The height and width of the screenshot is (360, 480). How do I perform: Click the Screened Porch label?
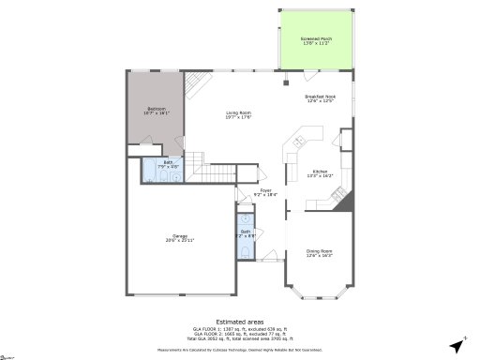tap(315, 41)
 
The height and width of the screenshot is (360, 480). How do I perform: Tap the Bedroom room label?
tap(157, 111)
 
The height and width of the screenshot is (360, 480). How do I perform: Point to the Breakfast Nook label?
tap(321, 99)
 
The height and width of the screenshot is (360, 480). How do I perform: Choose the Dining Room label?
tap(321, 252)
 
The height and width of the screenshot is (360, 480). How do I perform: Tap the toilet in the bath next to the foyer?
tap(243, 245)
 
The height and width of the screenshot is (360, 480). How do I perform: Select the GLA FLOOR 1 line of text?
tap(240, 328)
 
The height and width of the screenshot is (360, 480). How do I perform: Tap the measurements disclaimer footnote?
tap(240, 349)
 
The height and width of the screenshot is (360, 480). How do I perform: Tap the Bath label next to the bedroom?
tap(168, 163)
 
